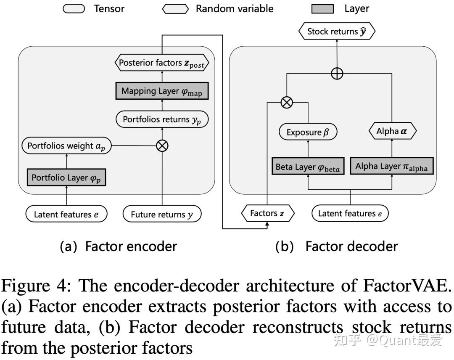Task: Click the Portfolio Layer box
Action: pyautogui.click(x=66, y=177)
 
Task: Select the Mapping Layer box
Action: pyautogui.click(x=162, y=91)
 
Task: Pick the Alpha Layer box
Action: pyautogui.click(x=391, y=167)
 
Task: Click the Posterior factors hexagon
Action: pyautogui.click(x=162, y=63)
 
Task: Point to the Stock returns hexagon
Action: pyautogui.click(x=337, y=32)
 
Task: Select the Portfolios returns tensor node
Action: pyautogui.click(x=162, y=119)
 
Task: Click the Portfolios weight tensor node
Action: pyautogui.click(x=66, y=146)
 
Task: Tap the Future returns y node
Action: pyautogui.click(x=162, y=214)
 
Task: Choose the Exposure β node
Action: pyautogui.click(x=308, y=132)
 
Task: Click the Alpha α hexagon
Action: pyautogui.click(x=392, y=131)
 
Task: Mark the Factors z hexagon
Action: pyautogui.click(x=267, y=214)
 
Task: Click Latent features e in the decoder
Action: pyautogui.click(x=350, y=214)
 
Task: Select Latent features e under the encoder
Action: pyautogui.click(x=66, y=214)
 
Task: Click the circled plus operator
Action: pyautogui.click(x=337, y=74)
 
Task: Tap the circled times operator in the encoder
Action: pyautogui.click(x=162, y=146)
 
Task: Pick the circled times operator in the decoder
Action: pyautogui.click(x=287, y=102)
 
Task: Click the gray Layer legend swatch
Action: pyautogui.click(x=322, y=9)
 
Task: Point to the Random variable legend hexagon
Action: pyautogui.click(x=175, y=9)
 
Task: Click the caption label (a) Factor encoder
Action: pyautogui.click(x=119, y=246)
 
